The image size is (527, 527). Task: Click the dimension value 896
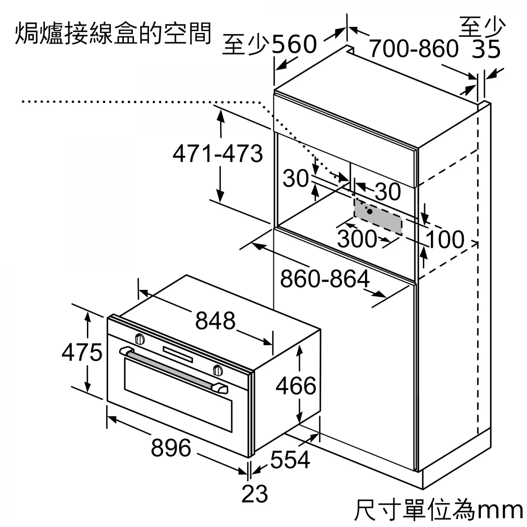(x=171, y=448)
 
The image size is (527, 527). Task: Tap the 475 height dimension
(x=82, y=352)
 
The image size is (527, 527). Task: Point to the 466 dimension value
(x=296, y=386)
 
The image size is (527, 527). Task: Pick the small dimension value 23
(x=255, y=494)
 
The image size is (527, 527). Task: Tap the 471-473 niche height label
(x=218, y=154)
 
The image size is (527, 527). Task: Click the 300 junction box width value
(x=357, y=238)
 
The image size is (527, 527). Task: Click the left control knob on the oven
(x=140, y=339)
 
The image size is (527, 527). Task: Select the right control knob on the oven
(x=217, y=370)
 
